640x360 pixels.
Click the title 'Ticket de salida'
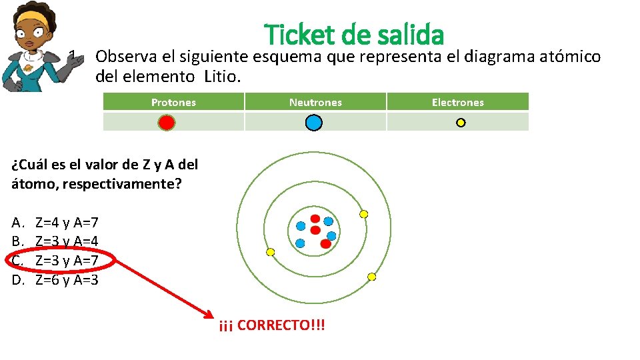click(354, 35)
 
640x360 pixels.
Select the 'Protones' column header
click(173, 102)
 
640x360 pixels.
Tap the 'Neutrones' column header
click(315, 102)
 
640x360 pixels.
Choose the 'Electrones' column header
click(457, 102)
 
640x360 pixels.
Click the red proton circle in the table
click(167, 123)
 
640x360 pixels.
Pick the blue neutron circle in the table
click(314, 123)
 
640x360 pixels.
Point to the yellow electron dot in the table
click(461, 123)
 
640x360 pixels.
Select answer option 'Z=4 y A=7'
click(67, 223)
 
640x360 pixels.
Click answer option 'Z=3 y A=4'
click(67, 241)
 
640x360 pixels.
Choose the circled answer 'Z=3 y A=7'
click(67, 260)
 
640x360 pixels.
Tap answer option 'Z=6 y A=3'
click(67, 279)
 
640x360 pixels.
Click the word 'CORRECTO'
click(273, 325)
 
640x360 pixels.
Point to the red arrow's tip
click(211, 313)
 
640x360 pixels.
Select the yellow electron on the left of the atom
click(270, 252)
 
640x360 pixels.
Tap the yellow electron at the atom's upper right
click(363, 214)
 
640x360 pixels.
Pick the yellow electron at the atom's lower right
click(372, 277)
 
